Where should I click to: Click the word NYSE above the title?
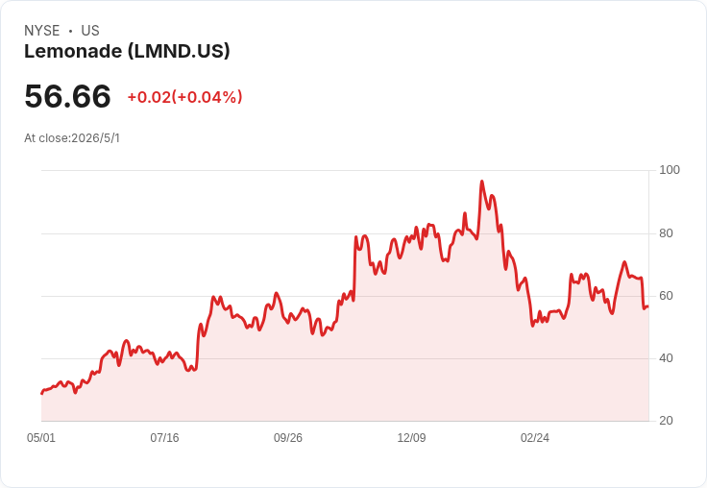42,31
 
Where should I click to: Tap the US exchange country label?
90,31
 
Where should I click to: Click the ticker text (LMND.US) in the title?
179,51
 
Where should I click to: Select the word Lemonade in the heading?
73,51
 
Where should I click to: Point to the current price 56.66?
67,96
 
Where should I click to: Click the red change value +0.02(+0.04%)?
184,97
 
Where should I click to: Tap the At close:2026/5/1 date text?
72,138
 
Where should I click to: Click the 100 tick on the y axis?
670,170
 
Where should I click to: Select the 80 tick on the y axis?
666,233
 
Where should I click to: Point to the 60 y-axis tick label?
666,296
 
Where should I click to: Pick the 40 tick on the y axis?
666,358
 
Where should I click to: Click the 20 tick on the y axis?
666,421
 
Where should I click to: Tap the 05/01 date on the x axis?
41,437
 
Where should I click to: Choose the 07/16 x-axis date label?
164,437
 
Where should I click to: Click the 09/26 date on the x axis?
288,437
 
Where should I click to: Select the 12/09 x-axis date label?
411,437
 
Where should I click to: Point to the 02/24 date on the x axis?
535,437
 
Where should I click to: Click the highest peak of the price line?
482,182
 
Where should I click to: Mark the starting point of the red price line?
42,393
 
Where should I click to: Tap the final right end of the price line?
648,306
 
